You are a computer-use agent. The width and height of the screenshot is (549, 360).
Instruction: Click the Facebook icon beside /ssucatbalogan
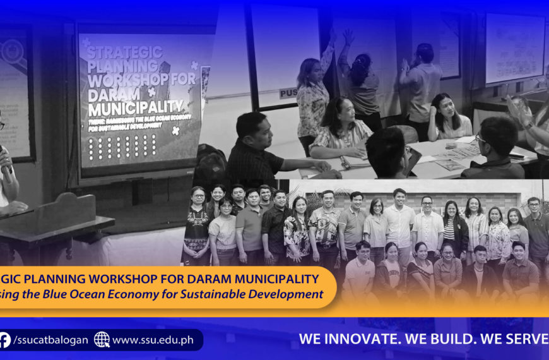(x=5, y=340)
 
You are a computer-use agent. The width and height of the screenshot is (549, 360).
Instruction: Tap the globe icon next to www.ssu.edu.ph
(x=102, y=340)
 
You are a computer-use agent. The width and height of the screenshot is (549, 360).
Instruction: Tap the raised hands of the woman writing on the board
(x=347, y=37)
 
